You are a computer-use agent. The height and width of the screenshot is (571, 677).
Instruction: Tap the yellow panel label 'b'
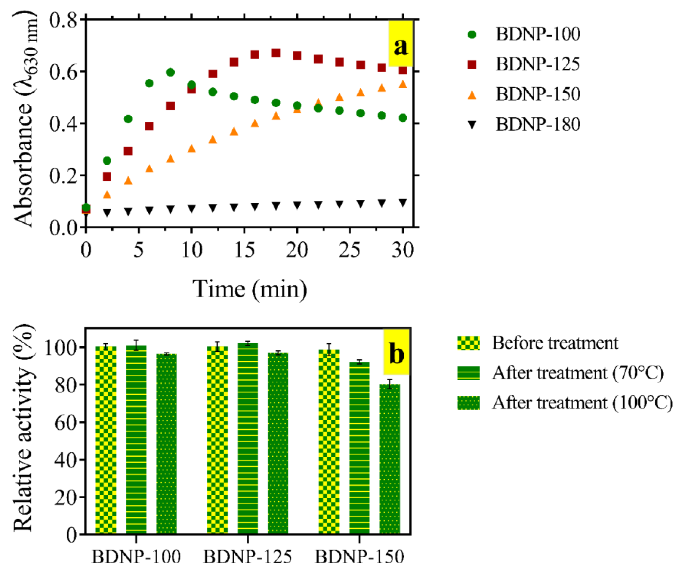click(397, 353)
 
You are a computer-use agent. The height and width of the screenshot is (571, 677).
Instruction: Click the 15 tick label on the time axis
click(244, 250)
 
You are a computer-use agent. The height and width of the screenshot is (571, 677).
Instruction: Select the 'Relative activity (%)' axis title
click(23, 431)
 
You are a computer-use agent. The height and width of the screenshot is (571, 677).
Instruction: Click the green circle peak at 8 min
click(170, 72)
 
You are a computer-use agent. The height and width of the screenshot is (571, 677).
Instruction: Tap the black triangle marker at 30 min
click(403, 203)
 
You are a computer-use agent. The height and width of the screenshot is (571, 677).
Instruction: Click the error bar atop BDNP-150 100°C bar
click(390, 384)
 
